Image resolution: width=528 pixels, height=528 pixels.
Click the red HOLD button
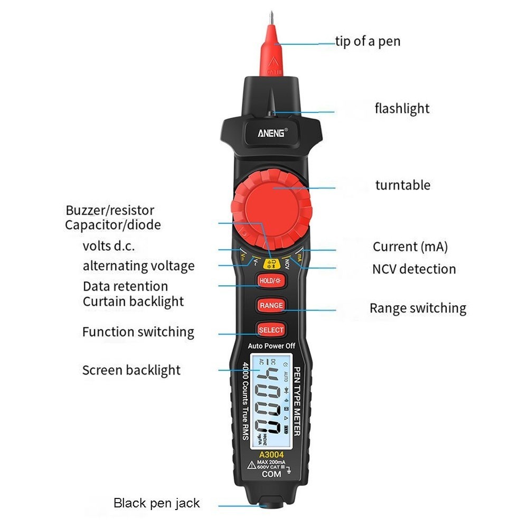[x=271, y=281]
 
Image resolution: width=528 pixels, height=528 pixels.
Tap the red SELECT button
[x=271, y=330]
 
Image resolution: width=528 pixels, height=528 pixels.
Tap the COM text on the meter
[x=271, y=474]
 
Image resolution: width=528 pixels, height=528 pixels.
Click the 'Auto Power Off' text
[x=271, y=346]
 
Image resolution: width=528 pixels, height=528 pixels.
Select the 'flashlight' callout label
[x=402, y=109]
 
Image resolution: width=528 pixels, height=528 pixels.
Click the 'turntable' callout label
[x=403, y=185]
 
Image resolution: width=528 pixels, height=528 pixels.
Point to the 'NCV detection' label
[x=414, y=269]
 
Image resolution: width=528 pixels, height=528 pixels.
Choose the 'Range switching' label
[x=418, y=308]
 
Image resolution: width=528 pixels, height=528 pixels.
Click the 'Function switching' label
[x=138, y=332]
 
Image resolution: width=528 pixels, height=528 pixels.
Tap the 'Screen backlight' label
[x=131, y=370]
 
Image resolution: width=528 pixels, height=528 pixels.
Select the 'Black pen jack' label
[x=157, y=503]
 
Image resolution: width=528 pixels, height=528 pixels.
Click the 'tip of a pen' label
[x=368, y=41]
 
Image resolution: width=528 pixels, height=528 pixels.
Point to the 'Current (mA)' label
[x=410, y=247]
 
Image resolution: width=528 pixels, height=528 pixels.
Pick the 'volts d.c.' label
[x=112, y=246]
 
